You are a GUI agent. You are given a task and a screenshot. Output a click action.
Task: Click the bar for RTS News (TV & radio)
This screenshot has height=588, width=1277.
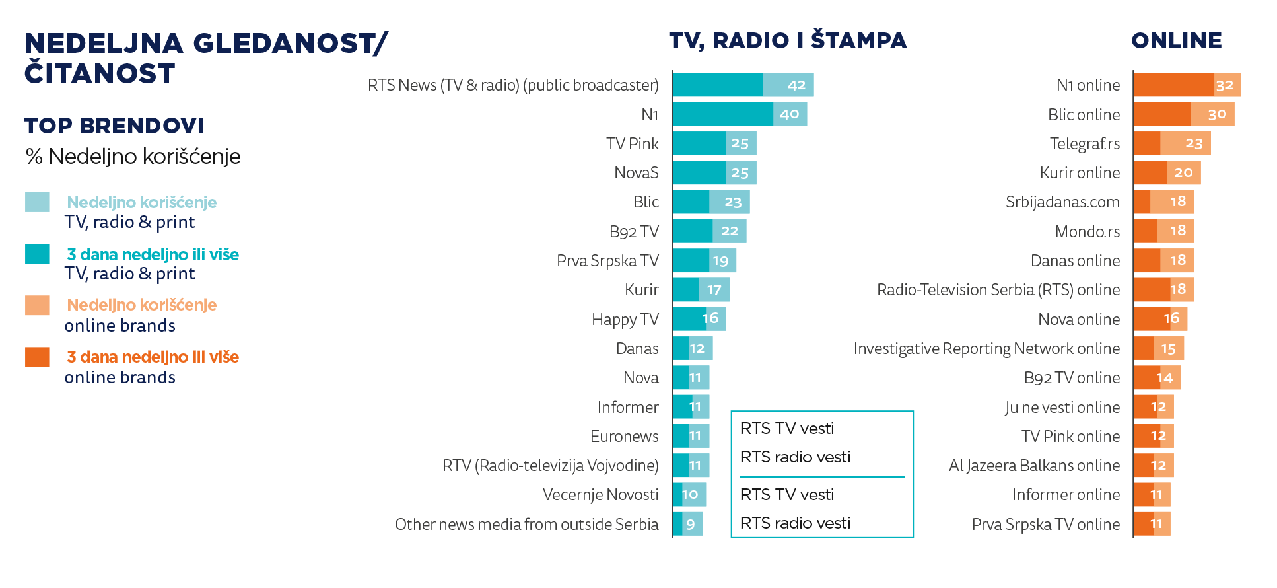(x=743, y=85)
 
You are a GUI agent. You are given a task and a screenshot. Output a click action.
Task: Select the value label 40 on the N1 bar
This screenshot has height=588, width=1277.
(x=789, y=114)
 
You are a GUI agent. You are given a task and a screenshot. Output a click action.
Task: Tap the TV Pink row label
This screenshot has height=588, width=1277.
(x=632, y=144)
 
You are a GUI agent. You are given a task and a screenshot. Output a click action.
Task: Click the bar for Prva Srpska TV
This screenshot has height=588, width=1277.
(x=704, y=260)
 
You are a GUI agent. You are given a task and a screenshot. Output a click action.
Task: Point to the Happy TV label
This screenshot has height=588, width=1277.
(x=625, y=320)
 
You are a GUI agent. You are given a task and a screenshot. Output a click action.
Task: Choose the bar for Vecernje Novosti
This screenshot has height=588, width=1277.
(x=689, y=495)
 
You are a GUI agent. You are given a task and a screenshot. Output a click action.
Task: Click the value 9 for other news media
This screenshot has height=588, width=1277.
(x=690, y=525)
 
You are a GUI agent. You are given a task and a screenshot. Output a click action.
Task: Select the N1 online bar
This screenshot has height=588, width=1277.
(x=1187, y=85)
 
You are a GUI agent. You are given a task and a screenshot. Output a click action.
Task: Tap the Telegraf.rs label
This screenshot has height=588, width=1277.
(x=1084, y=144)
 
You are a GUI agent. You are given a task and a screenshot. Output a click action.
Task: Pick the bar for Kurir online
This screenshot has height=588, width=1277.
(x=1167, y=173)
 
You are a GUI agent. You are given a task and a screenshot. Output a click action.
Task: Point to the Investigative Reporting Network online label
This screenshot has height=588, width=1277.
(x=986, y=349)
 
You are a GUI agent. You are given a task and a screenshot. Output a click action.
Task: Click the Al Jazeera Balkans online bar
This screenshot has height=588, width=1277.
(x=1153, y=466)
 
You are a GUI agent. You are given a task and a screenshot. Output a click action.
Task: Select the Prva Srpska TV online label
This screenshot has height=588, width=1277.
(x=1045, y=525)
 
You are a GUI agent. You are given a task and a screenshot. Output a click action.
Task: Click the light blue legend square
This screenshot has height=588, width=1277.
(x=37, y=202)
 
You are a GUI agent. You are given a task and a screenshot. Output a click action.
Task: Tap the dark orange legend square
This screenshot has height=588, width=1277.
(x=37, y=357)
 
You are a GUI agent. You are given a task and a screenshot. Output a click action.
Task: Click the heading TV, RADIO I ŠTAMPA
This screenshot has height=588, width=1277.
(x=788, y=41)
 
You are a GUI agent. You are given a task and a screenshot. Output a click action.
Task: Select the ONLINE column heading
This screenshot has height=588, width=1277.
(x=1176, y=41)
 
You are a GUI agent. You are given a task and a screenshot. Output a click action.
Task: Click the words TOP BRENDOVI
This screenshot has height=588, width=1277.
(x=114, y=126)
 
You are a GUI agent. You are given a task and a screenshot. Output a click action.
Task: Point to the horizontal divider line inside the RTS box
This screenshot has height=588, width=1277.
(x=821, y=477)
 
